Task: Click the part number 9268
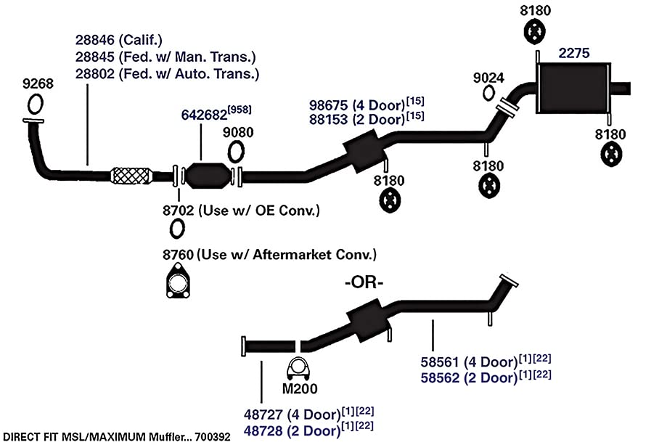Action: point(38,83)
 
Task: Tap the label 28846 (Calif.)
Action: point(119,40)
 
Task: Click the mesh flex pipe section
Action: point(131,176)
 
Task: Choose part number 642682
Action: point(204,115)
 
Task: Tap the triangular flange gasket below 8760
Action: point(178,280)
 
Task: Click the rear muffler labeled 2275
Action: point(573,88)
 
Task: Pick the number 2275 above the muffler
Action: point(574,53)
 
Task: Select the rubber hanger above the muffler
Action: point(534,32)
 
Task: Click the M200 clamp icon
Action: point(298,369)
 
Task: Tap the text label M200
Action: point(300,388)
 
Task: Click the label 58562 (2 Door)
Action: point(469,377)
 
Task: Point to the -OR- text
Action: point(364,282)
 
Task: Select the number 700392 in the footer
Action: point(212,437)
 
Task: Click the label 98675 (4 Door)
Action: point(357,105)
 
